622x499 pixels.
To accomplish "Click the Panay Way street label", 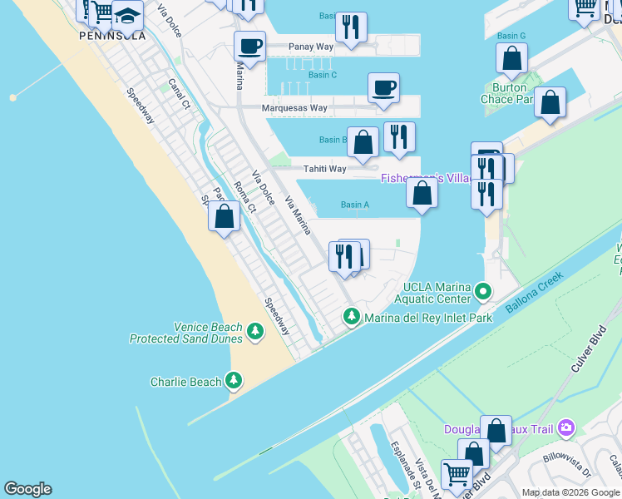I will click(310, 47).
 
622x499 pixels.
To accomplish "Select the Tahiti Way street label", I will click(324, 169).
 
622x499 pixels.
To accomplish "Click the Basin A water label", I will click(355, 205).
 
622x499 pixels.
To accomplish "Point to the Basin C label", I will click(322, 75).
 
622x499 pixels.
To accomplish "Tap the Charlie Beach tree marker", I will click(234, 382).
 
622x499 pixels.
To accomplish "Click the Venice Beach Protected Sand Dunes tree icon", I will click(255, 333).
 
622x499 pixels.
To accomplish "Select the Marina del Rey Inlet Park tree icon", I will click(352, 317).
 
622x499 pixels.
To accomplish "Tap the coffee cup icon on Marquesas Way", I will click(383, 87).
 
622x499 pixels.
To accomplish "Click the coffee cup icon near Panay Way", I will click(249, 46).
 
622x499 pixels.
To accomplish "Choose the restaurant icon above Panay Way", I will click(351, 27).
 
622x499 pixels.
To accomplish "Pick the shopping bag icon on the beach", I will click(224, 216).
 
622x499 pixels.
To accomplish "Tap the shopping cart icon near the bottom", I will click(457, 474).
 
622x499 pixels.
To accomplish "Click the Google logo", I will click(27, 489).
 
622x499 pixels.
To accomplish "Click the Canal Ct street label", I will click(180, 94).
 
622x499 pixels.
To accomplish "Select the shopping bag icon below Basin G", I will click(511, 58).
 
